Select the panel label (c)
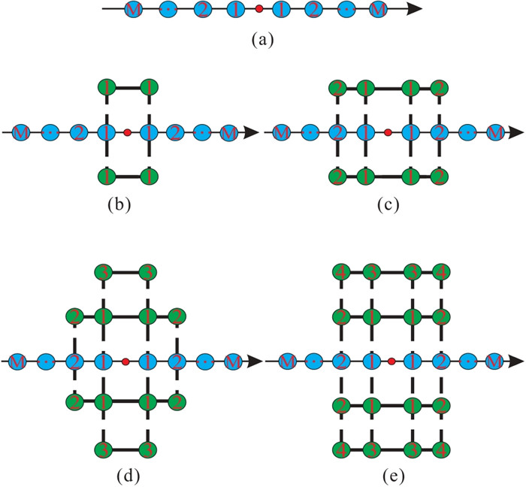tap(388, 203)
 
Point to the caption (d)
tap(124, 475)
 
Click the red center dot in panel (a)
tap(259, 10)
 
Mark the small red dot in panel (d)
tap(125, 361)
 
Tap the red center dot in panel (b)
tap(128, 132)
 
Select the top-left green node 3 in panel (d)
tap(104, 271)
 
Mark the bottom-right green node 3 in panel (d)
tap(148, 451)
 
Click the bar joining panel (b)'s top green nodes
tap(128, 88)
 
